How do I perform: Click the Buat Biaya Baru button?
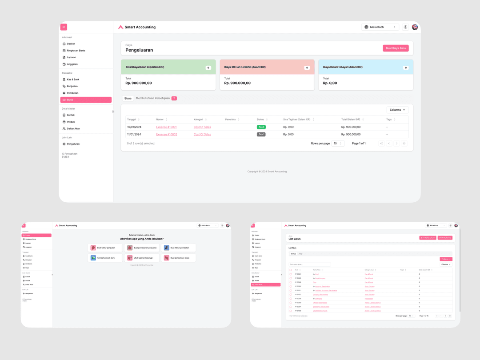tap(396, 48)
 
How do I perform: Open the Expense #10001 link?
tap(166, 127)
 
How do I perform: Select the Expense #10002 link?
tap(166, 134)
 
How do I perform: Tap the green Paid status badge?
tap(261, 127)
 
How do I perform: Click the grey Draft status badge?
tap(261, 134)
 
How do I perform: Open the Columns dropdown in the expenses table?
tap(397, 110)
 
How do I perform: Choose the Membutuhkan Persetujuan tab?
tap(153, 98)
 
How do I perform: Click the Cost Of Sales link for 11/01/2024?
tap(202, 134)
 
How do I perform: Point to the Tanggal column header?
tap(132, 120)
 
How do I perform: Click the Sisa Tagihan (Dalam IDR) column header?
tap(297, 120)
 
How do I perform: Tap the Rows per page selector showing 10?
tap(338, 144)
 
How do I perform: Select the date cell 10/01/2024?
tap(134, 127)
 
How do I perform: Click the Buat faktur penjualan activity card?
tap(105, 248)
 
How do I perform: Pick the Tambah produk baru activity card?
tap(105, 258)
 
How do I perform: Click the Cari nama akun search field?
tap(310, 264)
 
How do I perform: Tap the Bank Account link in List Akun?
tap(320, 278)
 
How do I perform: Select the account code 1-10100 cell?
tap(298, 286)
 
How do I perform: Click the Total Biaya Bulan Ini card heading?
tap(145, 67)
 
